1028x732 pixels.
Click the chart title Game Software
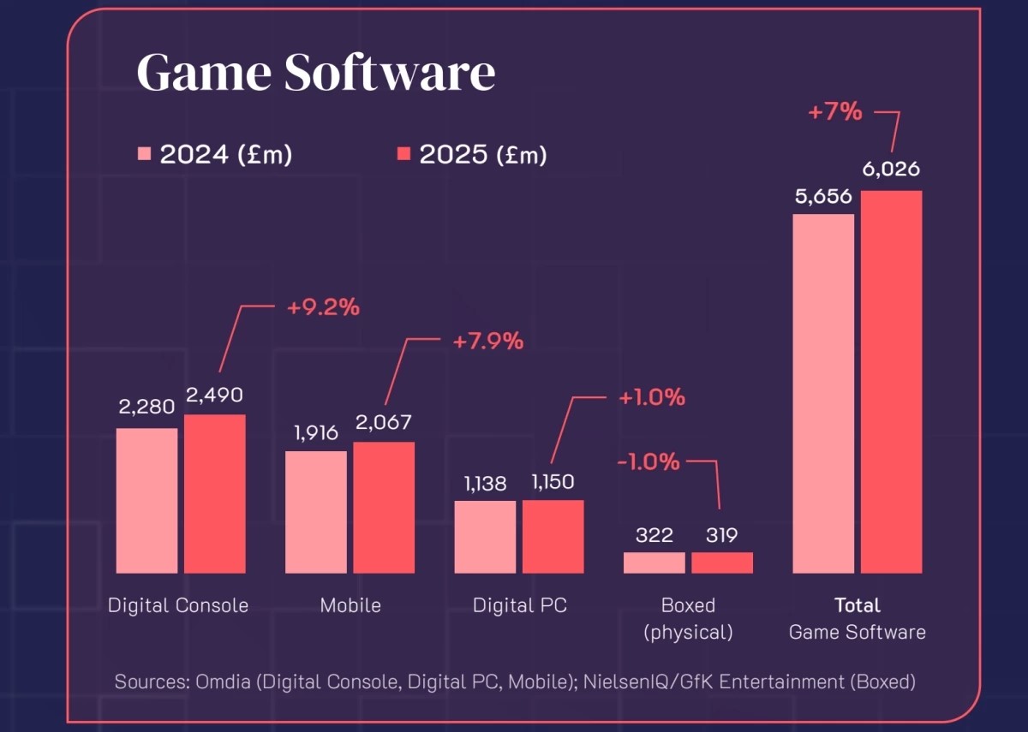click(315, 74)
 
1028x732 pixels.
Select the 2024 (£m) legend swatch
click(144, 154)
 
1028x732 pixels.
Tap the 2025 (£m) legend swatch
click(403, 154)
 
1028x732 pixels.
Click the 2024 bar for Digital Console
click(146, 501)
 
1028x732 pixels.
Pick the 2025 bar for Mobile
click(384, 508)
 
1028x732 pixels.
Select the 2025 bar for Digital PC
click(553, 537)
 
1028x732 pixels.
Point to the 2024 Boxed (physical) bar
click(654, 562)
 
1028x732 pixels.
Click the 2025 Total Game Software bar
click(891, 382)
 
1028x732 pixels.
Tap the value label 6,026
click(891, 170)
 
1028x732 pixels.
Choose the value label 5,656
click(823, 196)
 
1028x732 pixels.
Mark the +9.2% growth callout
click(323, 307)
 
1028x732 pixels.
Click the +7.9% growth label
click(487, 341)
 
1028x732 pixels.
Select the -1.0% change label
click(648, 461)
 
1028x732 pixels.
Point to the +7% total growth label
click(835, 111)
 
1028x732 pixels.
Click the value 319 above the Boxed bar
click(721, 535)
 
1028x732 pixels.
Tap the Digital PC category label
click(520, 605)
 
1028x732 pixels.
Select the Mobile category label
click(350, 605)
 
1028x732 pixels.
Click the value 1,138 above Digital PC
click(485, 484)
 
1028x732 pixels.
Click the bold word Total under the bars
click(857, 605)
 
